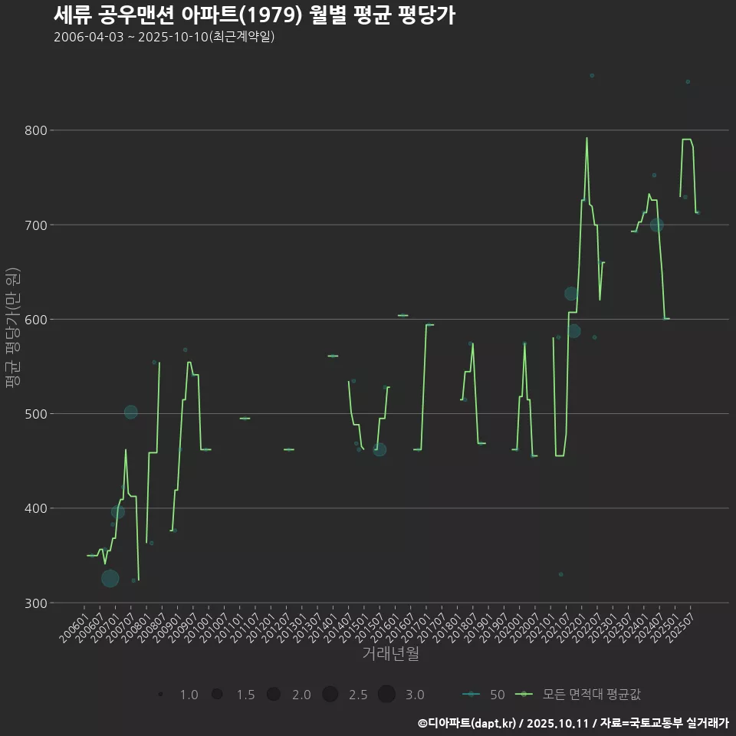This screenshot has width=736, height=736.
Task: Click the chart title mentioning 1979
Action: click(x=255, y=15)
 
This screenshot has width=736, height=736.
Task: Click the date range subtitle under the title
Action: click(x=164, y=38)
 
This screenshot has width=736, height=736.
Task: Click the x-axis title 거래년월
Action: click(x=390, y=654)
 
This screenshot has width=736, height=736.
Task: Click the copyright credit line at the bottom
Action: click(x=573, y=722)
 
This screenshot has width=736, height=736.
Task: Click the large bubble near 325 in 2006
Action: click(x=110, y=578)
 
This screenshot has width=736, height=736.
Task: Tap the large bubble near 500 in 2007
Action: click(x=131, y=412)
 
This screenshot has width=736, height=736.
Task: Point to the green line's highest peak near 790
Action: click(x=586, y=139)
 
